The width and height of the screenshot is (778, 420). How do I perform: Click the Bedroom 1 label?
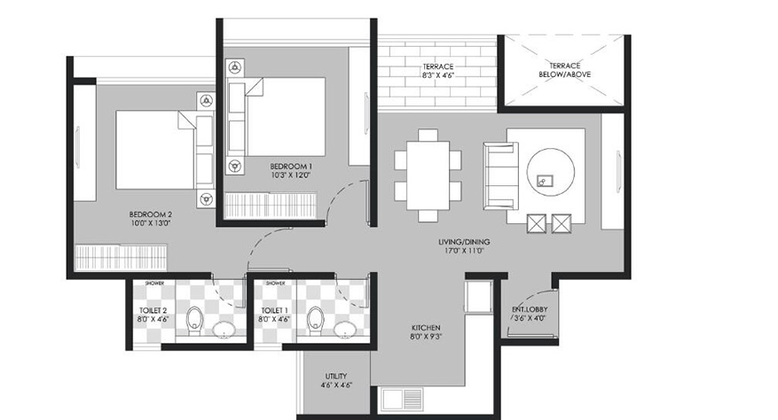pos(291,167)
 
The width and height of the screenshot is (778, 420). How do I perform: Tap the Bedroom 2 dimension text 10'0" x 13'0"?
pos(150,223)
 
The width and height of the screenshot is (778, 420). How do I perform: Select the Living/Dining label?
pos(464,242)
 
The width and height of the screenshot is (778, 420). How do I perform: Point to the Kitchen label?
pos(426,328)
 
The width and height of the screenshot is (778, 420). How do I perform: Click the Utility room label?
pos(336,376)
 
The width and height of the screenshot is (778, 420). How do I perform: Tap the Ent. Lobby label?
pos(530,309)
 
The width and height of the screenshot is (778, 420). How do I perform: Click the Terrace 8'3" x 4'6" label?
pos(437,71)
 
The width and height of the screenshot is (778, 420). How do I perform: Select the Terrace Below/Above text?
pos(564,70)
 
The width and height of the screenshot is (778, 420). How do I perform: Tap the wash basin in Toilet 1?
pos(343,330)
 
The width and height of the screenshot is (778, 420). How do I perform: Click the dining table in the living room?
pos(428,175)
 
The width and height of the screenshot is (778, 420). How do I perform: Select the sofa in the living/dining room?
pos(500,175)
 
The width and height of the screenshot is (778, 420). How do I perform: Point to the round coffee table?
pos(551,173)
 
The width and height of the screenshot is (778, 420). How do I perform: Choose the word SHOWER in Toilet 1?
pos(275,284)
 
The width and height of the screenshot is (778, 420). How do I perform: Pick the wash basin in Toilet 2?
pos(224,330)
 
